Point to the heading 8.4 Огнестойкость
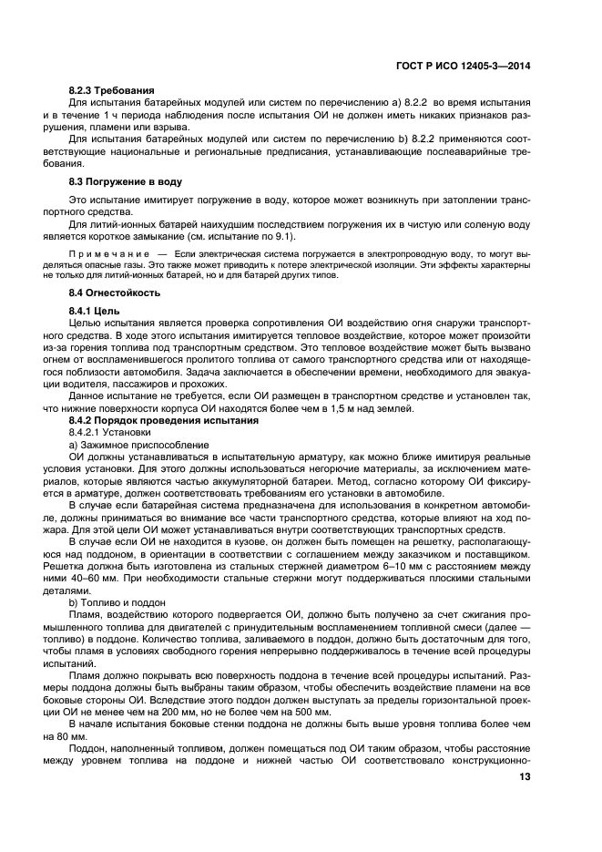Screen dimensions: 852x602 tap(115, 293)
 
